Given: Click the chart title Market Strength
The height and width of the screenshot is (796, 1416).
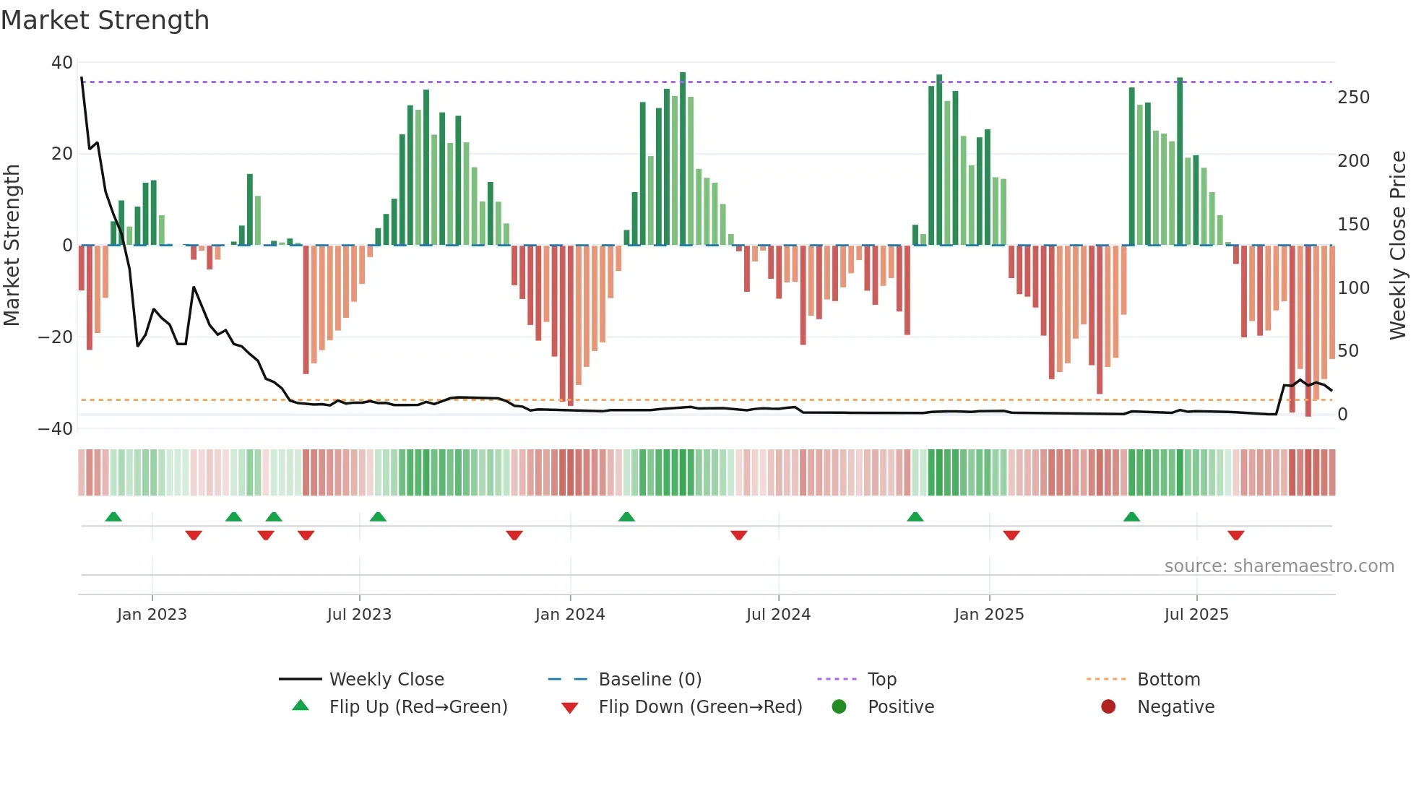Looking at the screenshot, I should tap(105, 20).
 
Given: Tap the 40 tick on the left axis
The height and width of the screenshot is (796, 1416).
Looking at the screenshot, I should tap(62, 63).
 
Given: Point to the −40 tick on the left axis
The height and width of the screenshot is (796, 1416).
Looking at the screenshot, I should tap(56, 429).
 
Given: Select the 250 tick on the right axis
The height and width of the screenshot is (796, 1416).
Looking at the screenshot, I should tap(1353, 98).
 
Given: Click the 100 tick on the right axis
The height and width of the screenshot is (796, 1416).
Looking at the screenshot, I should tap(1353, 288).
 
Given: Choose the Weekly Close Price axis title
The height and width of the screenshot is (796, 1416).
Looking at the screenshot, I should tap(1398, 245).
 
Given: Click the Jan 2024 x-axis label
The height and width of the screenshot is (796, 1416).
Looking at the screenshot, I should tap(570, 615).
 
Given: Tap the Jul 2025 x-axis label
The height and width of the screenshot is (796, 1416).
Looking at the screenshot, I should tap(1196, 615).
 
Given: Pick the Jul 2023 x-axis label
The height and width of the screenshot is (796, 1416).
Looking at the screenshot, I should tap(359, 615).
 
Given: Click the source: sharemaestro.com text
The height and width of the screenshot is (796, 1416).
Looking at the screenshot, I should tap(1279, 566).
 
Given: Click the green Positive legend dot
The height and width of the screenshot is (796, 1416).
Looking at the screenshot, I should tap(839, 707).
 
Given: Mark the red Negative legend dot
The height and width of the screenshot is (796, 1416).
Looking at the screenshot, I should tap(1108, 707).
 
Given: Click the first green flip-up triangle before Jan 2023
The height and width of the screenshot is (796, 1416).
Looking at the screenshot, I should tap(113, 517).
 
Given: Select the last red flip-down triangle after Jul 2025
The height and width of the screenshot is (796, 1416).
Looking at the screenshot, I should tap(1235, 535).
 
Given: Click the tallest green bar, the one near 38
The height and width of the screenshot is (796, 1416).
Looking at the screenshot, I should tap(683, 159).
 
